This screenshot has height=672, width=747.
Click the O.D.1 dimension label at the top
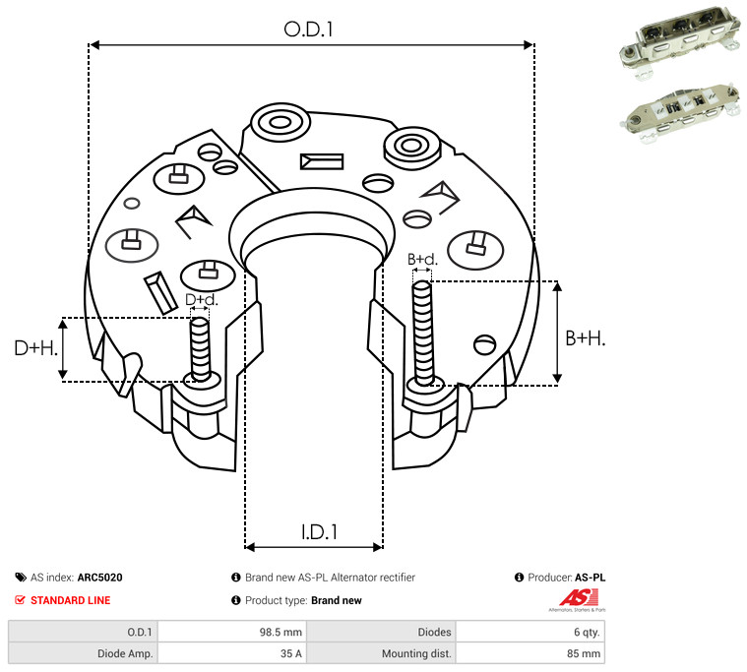point(308,30)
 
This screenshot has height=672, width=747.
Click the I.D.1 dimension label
point(319,532)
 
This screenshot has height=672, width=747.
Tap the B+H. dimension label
point(585,338)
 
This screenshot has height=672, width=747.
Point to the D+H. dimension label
point(36,348)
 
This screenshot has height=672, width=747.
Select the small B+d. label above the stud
point(422,260)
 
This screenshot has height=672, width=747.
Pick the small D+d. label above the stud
point(201,299)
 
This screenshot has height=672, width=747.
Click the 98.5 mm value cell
point(280,632)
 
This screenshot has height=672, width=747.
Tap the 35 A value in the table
point(291,653)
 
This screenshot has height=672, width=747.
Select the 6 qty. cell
point(587,632)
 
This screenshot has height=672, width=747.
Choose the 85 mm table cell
point(584,653)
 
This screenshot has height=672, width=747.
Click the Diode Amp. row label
point(125,653)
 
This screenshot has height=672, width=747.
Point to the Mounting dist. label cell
point(416,653)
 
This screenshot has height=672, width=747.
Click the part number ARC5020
point(100,578)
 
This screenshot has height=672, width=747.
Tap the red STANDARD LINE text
point(71,600)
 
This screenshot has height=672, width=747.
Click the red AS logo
point(579,598)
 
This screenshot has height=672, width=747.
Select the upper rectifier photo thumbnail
point(680,41)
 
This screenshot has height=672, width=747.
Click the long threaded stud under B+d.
point(422,333)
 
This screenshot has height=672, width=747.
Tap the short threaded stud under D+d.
point(200,349)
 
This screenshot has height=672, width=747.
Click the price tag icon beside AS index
point(21,578)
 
